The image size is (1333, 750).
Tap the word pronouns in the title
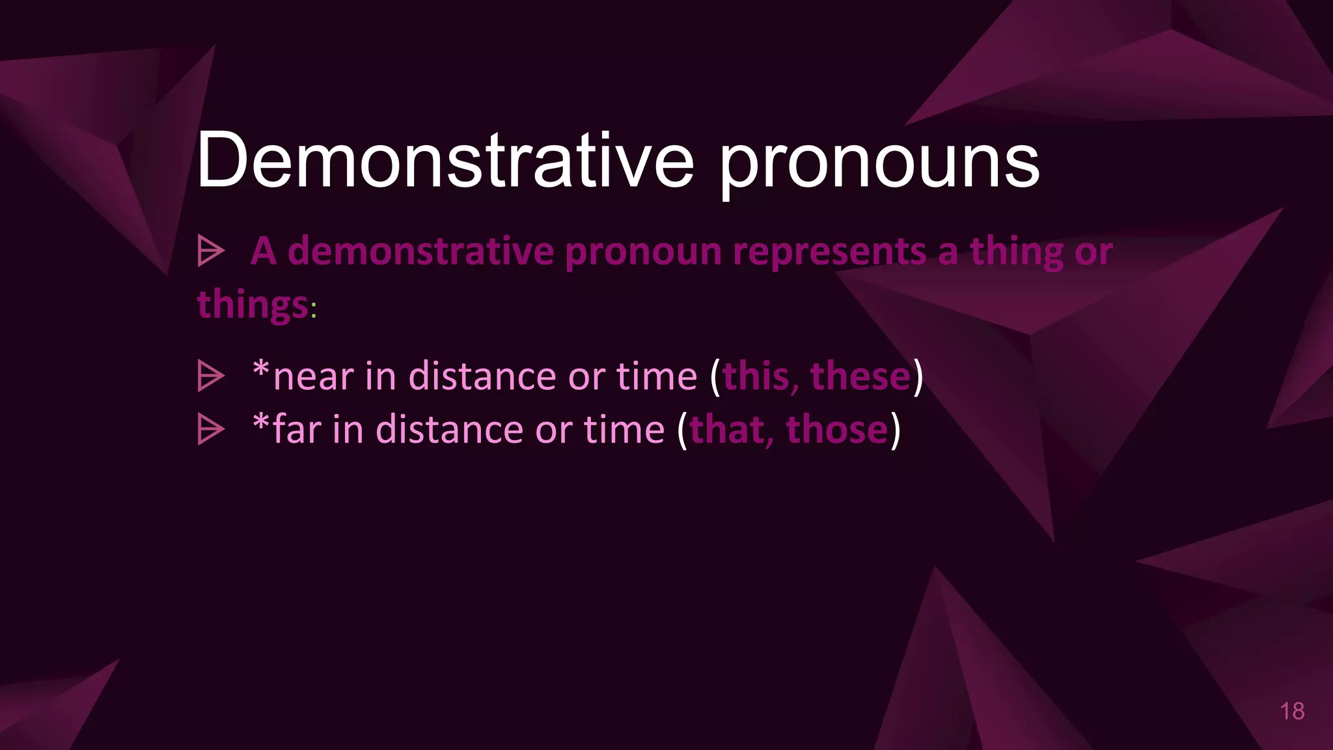point(879,163)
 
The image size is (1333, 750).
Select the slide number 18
point(1292,711)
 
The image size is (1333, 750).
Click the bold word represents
point(829,252)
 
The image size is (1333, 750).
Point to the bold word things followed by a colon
point(253,305)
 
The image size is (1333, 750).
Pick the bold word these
point(860,376)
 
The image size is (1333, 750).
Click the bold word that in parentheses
point(727,430)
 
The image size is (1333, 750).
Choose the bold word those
point(837,430)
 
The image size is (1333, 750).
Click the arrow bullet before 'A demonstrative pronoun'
point(211,251)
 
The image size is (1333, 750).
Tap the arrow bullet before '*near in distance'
point(211,376)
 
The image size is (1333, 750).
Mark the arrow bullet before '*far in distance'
point(211,430)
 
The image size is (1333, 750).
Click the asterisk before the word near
point(261,370)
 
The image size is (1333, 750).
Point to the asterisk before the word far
point(261,423)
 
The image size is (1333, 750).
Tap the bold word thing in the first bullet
point(1016,252)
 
